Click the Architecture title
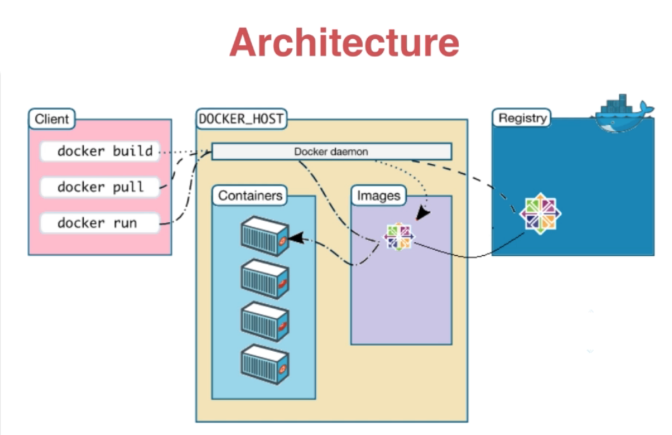point(344,43)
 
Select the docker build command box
point(100,151)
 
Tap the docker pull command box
point(100,187)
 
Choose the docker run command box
point(100,223)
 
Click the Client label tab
point(52,119)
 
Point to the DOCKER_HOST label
point(241,119)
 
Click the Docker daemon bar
point(331,151)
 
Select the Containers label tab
point(250,195)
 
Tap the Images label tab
point(379,195)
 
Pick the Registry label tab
point(522,118)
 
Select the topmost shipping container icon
point(265,236)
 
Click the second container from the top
point(265,279)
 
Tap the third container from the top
point(265,321)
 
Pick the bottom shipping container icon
point(265,364)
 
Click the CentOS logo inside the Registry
point(540,214)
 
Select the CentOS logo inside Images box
point(399,237)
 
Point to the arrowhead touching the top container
point(296,238)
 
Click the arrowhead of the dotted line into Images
point(422,214)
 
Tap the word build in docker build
point(133,151)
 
